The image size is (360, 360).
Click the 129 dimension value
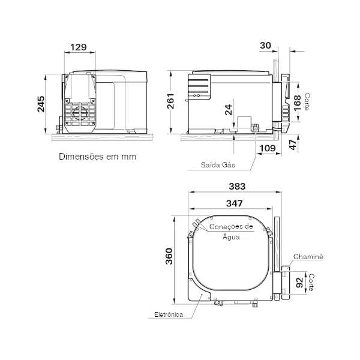coord(79,47)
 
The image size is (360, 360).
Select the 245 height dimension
coord(41,104)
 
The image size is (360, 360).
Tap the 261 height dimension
coord(170,101)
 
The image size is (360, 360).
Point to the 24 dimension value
coord(229,110)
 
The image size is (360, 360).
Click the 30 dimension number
coord(265,46)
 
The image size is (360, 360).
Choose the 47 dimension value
coord(293,145)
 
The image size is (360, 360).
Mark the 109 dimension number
coord(268,148)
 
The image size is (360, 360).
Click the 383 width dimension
coord(237,186)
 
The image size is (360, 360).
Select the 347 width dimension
coord(234,203)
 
